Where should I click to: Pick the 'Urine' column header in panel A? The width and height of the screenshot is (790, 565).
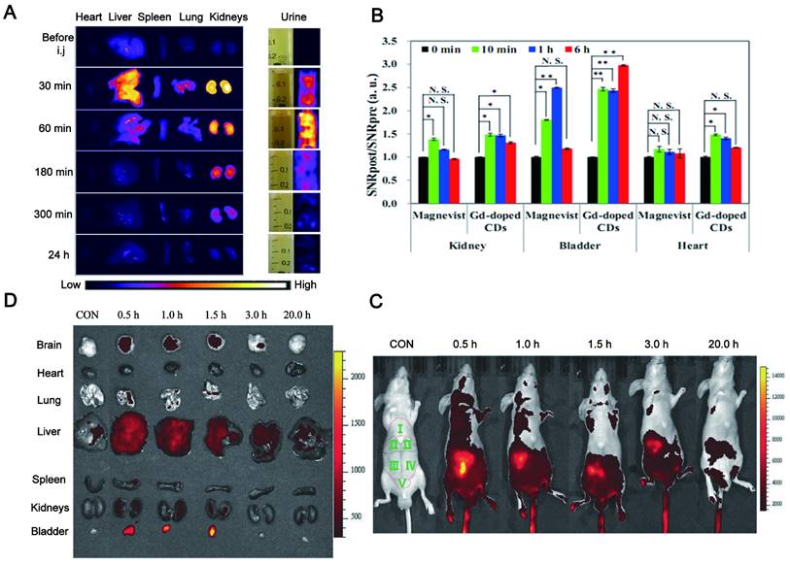click(x=292, y=17)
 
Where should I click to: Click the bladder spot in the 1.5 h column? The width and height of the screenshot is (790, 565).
click(x=214, y=530)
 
